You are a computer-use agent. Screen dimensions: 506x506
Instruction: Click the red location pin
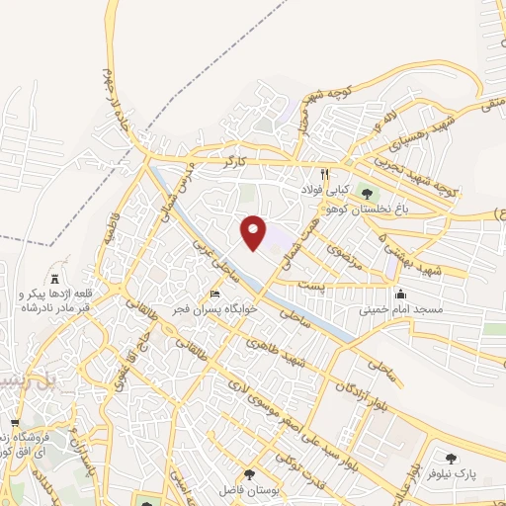tap(254, 231)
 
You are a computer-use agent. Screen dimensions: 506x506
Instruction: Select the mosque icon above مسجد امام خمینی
tap(400, 294)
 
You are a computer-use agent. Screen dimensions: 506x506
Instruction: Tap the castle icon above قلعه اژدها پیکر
tap(55, 280)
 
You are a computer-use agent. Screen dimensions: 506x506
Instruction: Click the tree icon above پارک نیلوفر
tap(453, 459)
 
